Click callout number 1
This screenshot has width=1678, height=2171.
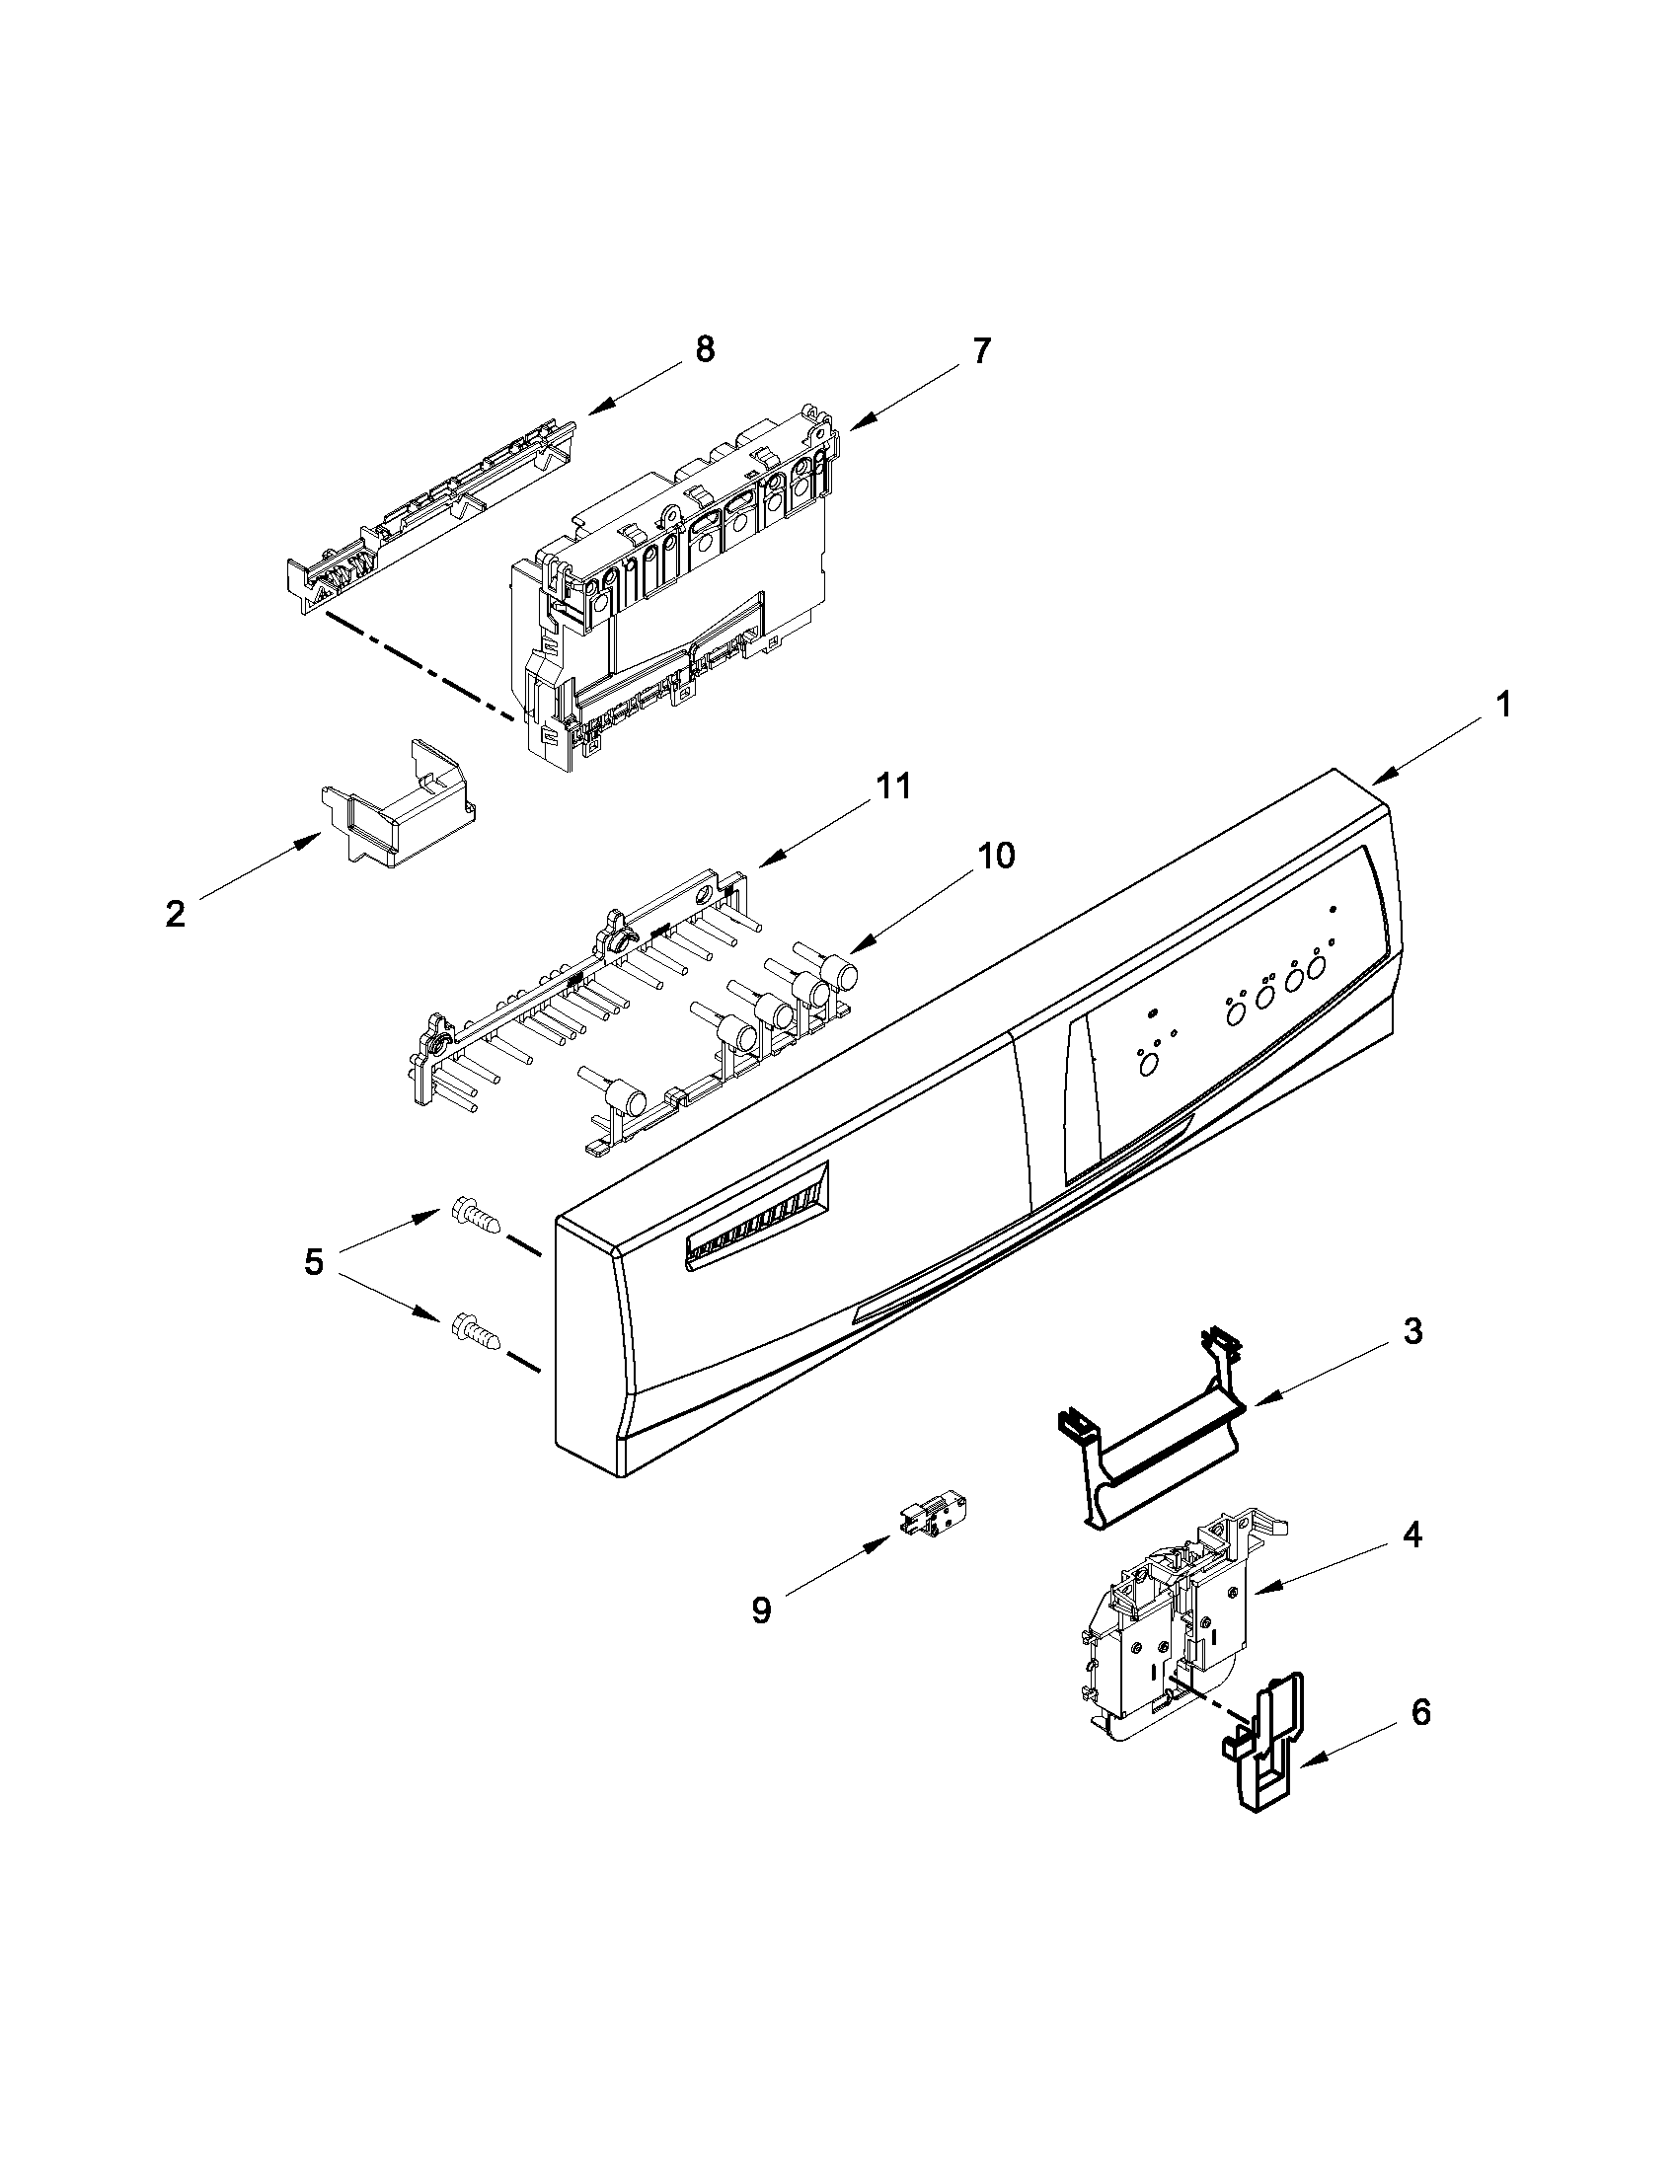point(1503,706)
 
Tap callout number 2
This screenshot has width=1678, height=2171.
point(175,913)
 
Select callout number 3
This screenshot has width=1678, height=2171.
point(1412,1331)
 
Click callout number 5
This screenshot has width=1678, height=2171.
point(313,1263)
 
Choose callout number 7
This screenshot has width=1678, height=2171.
point(980,351)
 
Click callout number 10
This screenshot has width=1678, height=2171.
point(996,856)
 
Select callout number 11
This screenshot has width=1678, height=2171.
point(891,786)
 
